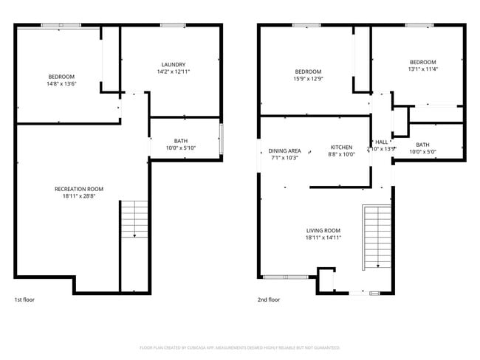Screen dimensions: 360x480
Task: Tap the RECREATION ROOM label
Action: pyautogui.click(x=79, y=189)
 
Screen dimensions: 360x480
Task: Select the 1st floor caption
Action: pyautogui.click(x=24, y=300)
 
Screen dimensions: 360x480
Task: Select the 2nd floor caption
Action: pyautogui.click(x=269, y=300)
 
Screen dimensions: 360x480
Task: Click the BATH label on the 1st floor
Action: pyautogui.click(x=181, y=141)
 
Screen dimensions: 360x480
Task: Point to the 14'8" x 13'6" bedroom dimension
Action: pyautogui.click(x=61, y=84)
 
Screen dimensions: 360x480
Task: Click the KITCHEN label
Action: pyautogui.click(x=341, y=147)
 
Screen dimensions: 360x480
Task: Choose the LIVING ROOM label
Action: pyautogui.click(x=323, y=230)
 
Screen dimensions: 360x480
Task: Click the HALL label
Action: pyautogui.click(x=382, y=142)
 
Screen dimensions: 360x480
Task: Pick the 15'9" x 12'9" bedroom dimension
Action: pyautogui.click(x=308, y=79)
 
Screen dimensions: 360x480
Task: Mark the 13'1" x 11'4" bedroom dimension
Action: pyautogui.click(x=422, y=69)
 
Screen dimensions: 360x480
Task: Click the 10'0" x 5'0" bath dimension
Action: pyautogui.click(x=422, y=152)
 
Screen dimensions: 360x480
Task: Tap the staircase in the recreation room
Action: pyautogui.click(x=134, y=219)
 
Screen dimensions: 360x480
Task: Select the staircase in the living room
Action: pyautogui.click(x=377, y=236)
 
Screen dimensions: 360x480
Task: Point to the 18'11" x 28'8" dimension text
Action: pyautogui.click(x=79, y=197)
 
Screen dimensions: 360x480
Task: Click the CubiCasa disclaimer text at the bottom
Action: pyautogui.click(x=239, y=347)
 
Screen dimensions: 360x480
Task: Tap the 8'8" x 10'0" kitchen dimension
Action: pyautogui.click(x=341, y=154)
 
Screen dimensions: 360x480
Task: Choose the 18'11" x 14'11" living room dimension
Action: pyautogui.click(x=323, y=238)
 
